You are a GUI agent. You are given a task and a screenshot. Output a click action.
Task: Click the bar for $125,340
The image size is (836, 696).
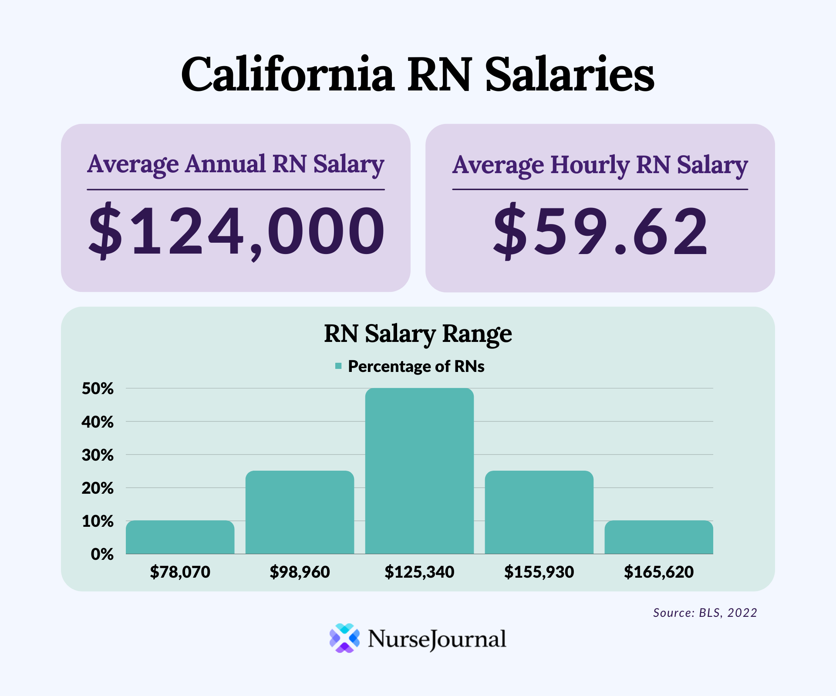click(419, 471)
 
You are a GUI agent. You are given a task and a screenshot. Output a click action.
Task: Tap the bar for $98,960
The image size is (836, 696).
click(300, 512)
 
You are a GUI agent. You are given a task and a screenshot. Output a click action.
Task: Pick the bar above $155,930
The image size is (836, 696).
click(539, 512)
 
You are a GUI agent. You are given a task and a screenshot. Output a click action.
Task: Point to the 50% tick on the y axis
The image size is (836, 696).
click(98, 388)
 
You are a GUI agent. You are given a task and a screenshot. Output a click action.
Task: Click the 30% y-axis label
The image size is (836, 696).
click(98, 455)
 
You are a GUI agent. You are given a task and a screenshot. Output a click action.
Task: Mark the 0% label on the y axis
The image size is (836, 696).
click(102, 554)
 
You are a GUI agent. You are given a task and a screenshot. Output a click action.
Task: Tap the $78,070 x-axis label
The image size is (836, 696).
click(180, 572)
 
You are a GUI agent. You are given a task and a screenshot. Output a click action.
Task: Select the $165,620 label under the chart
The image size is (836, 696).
click(659, 572)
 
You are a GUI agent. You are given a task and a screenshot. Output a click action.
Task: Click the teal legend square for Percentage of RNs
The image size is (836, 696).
click(338, 366)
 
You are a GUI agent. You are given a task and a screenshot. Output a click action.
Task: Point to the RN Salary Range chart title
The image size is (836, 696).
click(418, 334)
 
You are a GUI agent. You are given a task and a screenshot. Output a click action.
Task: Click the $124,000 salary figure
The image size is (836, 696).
click(236, 231)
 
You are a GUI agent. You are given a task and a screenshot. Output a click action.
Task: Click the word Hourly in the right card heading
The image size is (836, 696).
click(590, 165)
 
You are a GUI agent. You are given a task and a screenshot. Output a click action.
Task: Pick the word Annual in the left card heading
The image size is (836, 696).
click(225, 164)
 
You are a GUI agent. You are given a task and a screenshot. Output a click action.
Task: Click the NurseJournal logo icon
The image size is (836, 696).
click(344, 638)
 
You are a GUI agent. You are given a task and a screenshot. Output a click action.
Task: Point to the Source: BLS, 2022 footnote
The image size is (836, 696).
click(705, 612)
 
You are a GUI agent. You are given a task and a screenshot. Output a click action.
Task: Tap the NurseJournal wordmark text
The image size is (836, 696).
click(437, 639)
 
